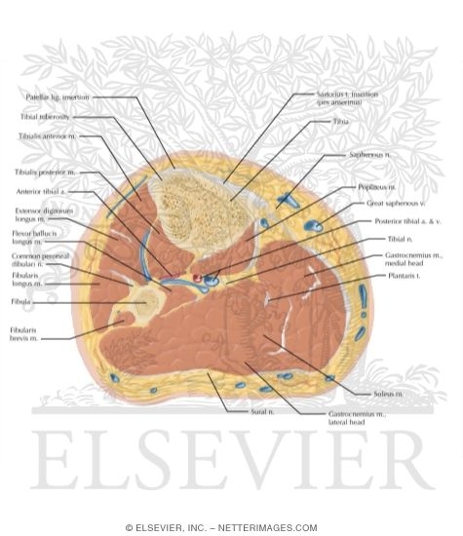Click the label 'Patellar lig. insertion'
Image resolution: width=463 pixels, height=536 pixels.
59,97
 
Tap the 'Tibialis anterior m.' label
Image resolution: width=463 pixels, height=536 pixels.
47,136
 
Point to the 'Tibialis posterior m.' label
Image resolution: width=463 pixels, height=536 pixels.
46,172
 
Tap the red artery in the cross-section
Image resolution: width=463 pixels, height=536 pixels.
197,278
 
